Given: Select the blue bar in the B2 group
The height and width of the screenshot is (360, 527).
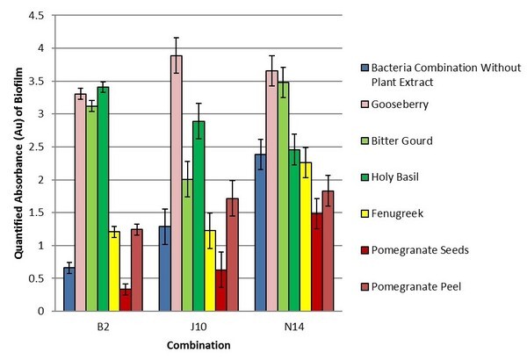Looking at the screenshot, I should tap(69, 289).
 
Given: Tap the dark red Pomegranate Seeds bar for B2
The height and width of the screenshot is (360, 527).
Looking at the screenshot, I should tap(126, 299).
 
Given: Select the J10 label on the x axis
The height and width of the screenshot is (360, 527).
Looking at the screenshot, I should tap(199, 323).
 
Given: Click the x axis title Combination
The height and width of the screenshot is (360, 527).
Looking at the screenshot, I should tap(199, 345).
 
